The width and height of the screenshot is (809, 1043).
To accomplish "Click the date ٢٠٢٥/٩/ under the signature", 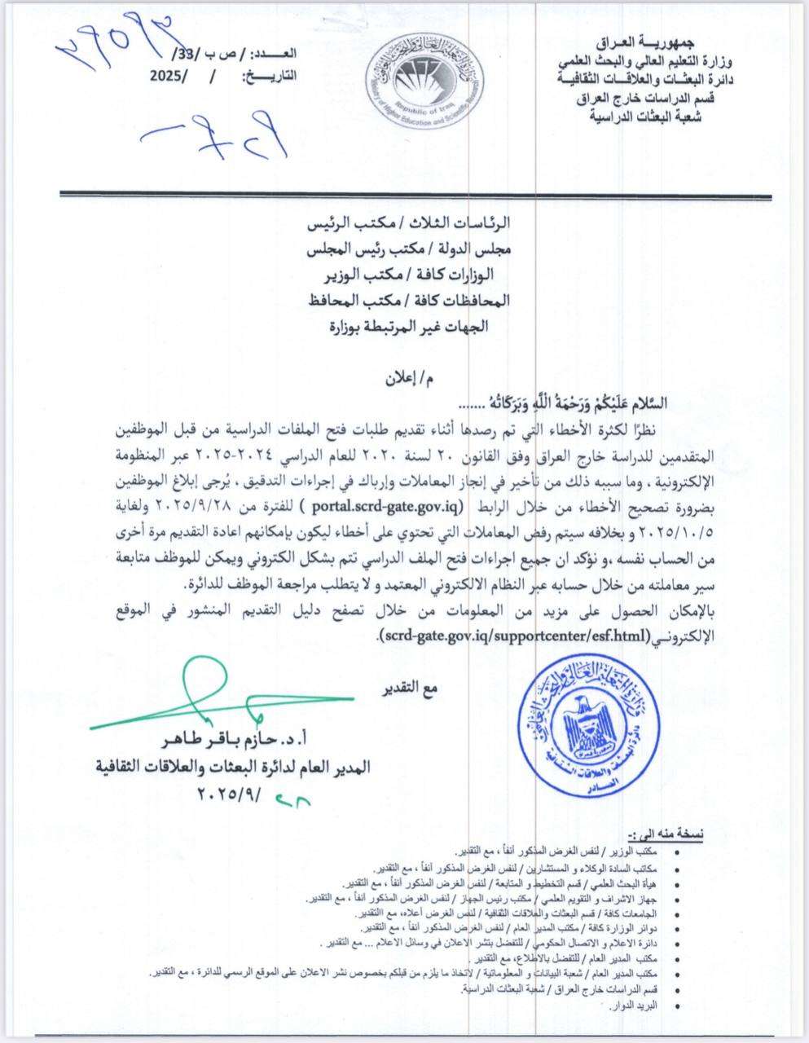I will pyautogui.click(x=233, y=790).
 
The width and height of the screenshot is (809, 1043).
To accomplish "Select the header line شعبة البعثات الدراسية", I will pyautogui.click(x=647, y=117).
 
